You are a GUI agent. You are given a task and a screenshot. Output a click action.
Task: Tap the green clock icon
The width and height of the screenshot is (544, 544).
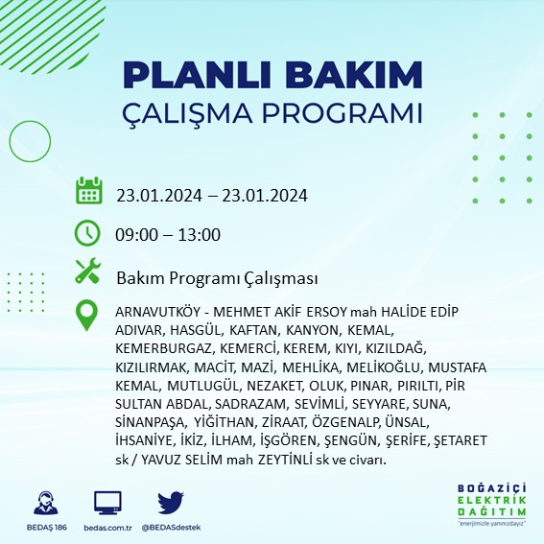(x=88, y=232)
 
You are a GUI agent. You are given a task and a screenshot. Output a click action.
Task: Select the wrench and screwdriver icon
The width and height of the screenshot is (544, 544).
(x=88, y=272)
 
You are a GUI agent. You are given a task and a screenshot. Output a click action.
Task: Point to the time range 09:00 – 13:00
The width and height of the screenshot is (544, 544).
(x=169, y=235)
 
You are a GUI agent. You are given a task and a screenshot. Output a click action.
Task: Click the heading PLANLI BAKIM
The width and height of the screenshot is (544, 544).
(x=273, y=75)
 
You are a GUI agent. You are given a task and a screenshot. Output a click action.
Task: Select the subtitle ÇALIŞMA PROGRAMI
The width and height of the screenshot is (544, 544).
(x=273, y=113)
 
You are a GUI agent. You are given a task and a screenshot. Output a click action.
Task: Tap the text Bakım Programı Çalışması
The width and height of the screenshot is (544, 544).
(x=217, y=278)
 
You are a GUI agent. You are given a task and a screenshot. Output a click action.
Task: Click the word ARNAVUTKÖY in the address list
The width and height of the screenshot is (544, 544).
(x=158, y=313)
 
